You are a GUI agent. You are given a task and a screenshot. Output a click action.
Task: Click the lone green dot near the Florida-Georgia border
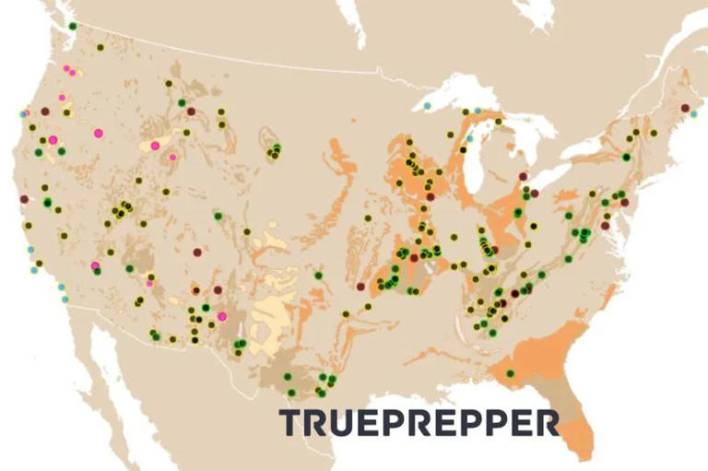pyautogui.click(x=510, y=373)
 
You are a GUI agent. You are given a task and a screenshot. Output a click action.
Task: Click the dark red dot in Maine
pyautogui.click(x=684, y=108)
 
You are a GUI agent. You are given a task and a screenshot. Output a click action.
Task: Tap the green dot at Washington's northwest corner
pyautogui.click(x=73, y=25)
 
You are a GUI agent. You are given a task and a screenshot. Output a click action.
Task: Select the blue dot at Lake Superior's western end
pyautogui.click(x=428, y=106)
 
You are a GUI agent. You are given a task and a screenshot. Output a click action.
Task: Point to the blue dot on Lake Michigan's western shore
pyautogui.click(x=469, y=138)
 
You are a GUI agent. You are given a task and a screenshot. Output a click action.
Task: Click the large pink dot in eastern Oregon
pyautogui.click(x=98, y=133)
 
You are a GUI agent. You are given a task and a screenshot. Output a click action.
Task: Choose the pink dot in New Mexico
pyautogui.click(x=222, y=316)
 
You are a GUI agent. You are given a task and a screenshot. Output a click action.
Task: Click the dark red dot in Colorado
pyautogui.click(x=196, y=252)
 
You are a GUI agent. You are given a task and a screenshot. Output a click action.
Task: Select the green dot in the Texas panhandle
pyautogui.click(x=318, y=275)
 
